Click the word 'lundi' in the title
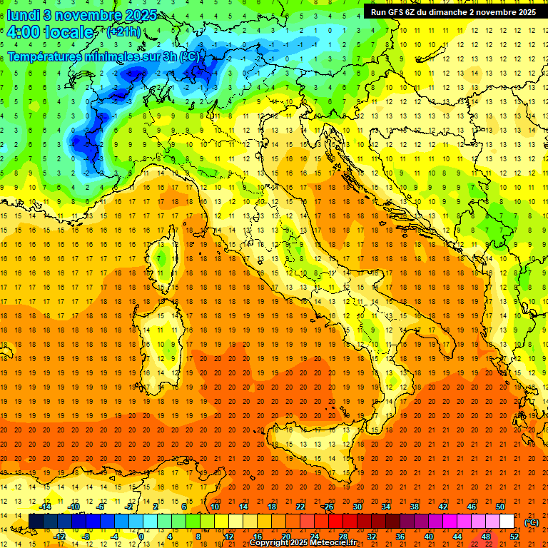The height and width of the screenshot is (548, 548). point(23,14)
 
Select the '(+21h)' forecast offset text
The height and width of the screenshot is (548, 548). point(123,32)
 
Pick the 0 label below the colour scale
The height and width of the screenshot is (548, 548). point(141,537)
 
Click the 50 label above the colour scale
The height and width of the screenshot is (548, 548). point(500,507)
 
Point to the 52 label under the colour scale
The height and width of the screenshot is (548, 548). point(514,537)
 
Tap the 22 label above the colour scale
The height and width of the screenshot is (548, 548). point(300,507)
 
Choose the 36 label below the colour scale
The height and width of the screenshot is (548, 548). point(400,537)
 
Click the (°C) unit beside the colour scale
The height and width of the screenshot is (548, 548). point(531,522)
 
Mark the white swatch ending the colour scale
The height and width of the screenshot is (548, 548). point(507,522)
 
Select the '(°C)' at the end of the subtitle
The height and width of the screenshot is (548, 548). point(191,56)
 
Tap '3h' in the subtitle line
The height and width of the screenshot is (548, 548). point(170,56)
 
